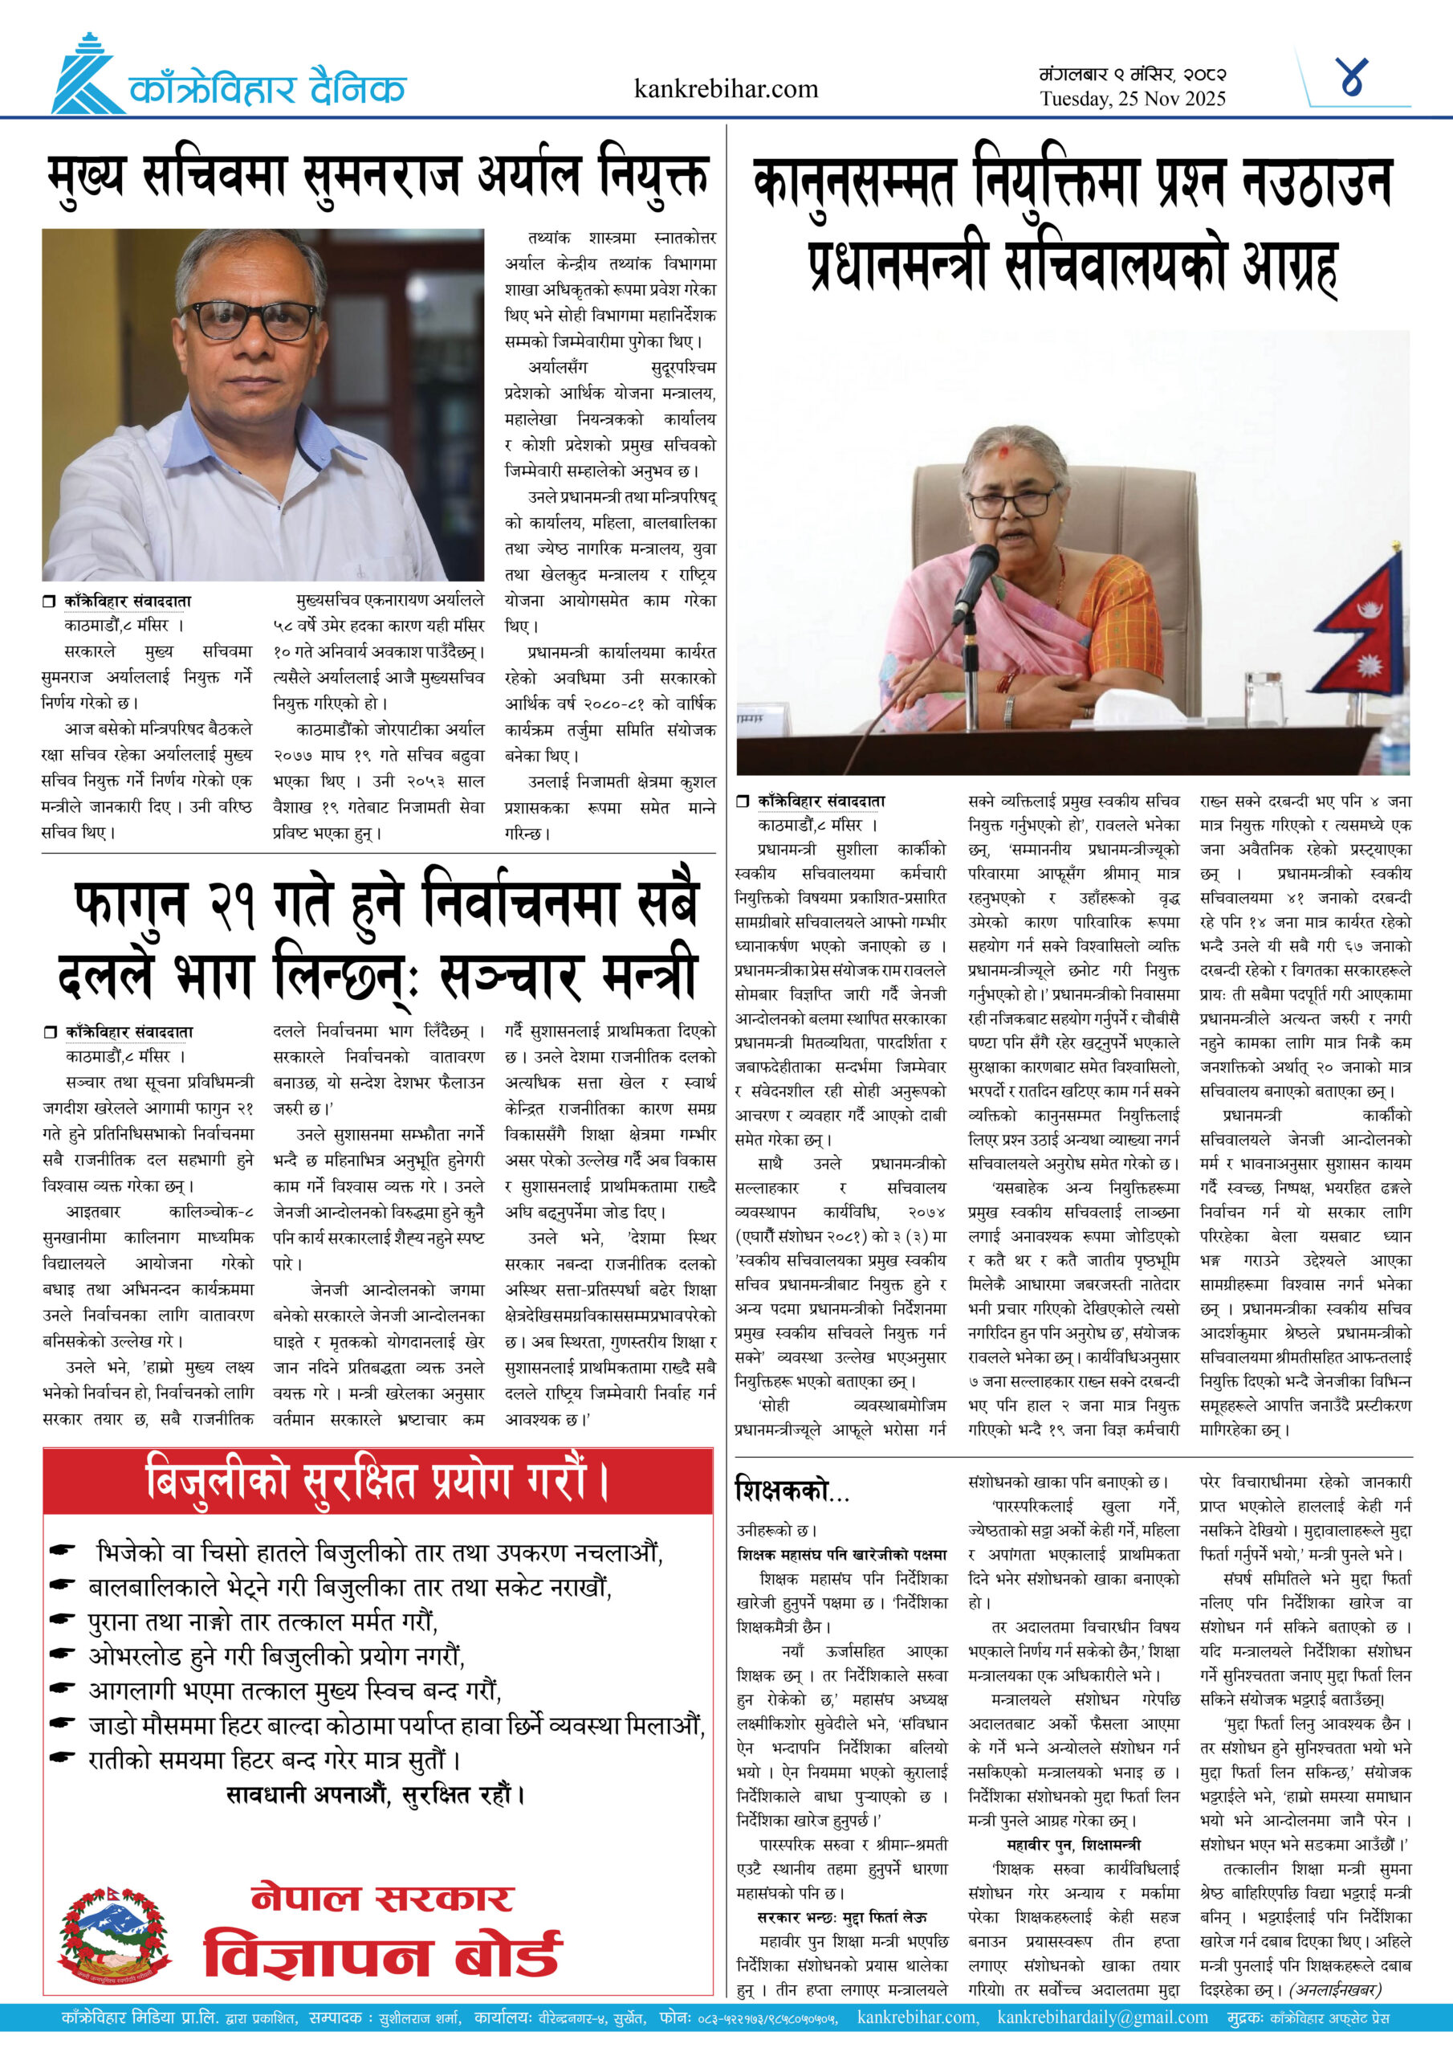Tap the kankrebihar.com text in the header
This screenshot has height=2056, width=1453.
coord(725,88)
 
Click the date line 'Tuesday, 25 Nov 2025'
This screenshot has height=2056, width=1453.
coord(1132,99)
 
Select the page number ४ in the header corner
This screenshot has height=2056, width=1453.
coord(1352,78)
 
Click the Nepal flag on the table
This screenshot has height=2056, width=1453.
coord(1360,626)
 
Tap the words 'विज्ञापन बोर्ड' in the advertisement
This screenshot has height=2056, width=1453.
coord(382,1956)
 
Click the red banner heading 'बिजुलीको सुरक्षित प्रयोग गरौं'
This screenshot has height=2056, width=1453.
coord(377,1482)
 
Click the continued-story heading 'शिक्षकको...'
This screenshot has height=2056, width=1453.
coord(792,1490)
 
